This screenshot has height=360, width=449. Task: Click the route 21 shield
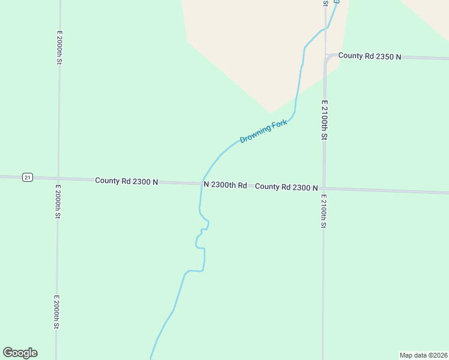pos(27,177)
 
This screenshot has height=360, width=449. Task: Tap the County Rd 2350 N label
pos(366,56)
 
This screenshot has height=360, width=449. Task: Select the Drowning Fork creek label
pos(264,131)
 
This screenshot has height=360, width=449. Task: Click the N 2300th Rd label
pos(225,185)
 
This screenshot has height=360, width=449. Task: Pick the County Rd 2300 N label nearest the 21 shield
pos(126,181)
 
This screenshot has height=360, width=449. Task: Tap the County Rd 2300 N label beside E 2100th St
pos(286,187)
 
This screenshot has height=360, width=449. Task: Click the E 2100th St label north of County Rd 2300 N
pos(324,120)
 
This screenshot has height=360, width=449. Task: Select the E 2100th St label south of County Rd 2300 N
pos(323,211)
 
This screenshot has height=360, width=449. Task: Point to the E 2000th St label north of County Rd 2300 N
pos(59,48)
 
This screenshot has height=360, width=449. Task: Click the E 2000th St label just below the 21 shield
pos(58,202)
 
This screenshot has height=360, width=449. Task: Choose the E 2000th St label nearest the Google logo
pos(56,311)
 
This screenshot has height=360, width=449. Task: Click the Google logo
pos(20,353)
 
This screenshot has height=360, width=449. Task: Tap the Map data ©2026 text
pos(423,355)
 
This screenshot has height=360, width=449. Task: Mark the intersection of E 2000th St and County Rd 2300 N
pos(58,179)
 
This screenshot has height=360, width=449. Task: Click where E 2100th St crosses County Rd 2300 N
pos(324,188)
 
